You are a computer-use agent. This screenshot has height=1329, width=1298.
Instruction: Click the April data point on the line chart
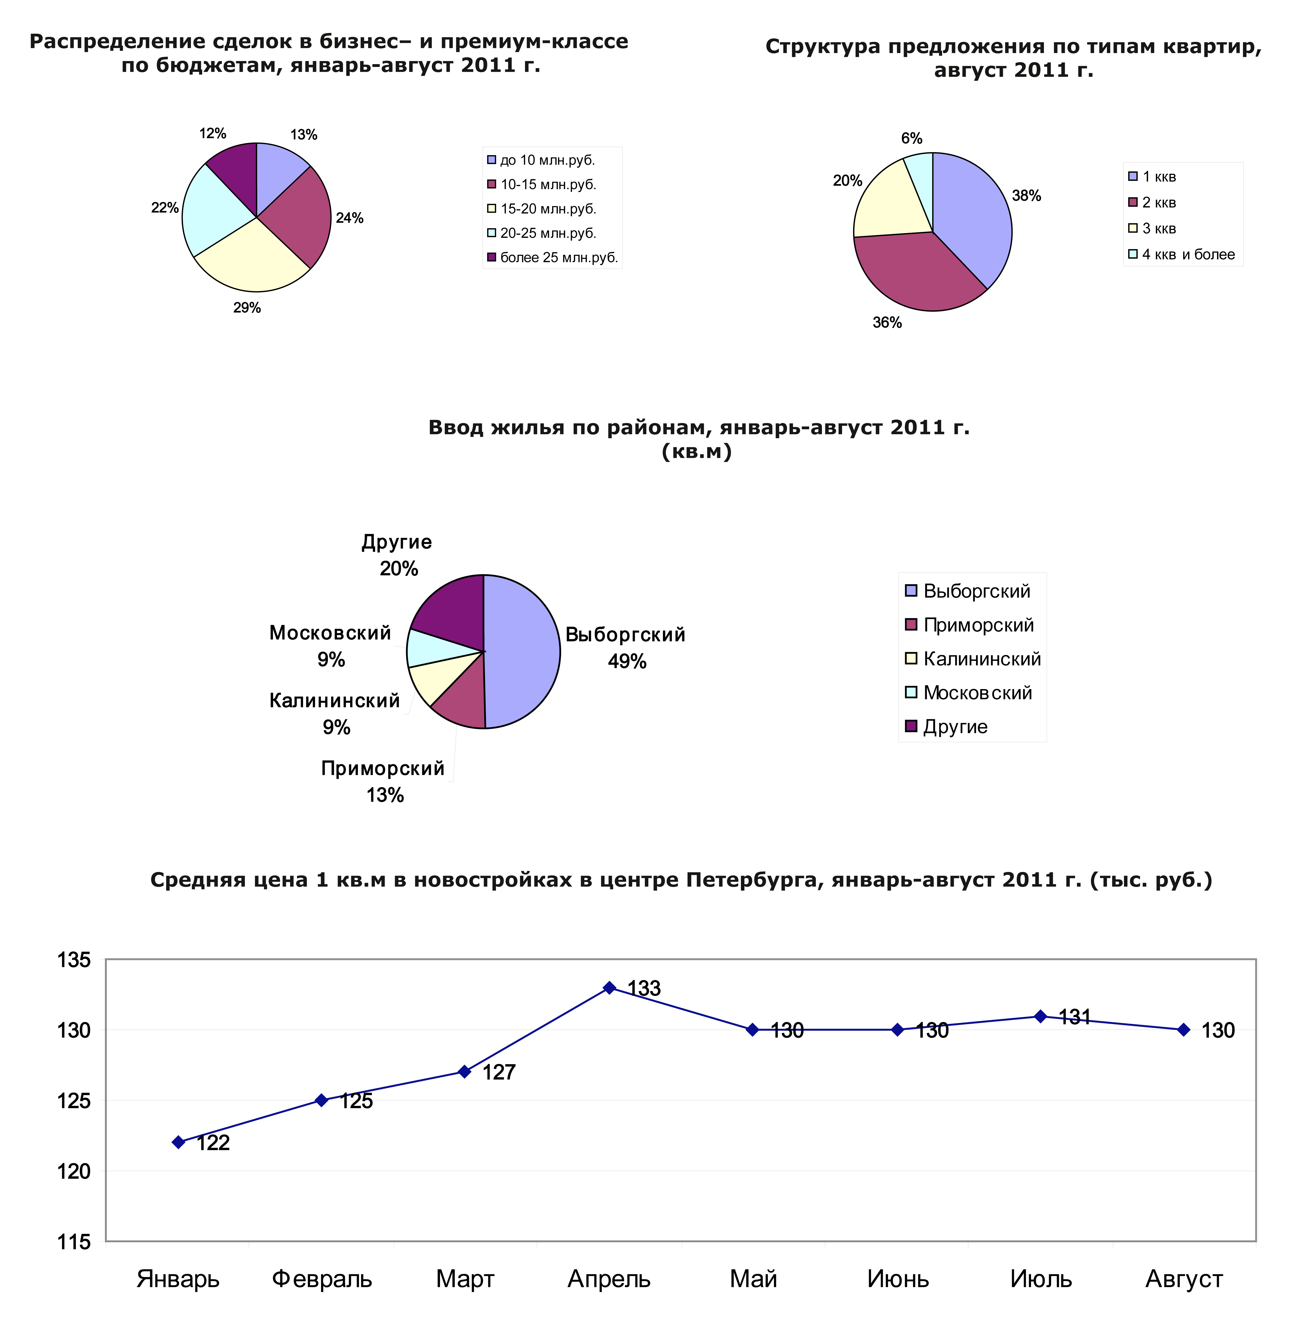(610, 988)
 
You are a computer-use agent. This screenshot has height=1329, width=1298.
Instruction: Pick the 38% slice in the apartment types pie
(972, 211)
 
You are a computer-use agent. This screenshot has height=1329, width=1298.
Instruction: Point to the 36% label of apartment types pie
(887, 322)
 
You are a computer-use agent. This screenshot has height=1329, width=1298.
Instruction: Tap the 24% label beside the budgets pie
(349, 218)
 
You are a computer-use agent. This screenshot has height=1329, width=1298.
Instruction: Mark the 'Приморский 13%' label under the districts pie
(383, 781)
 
